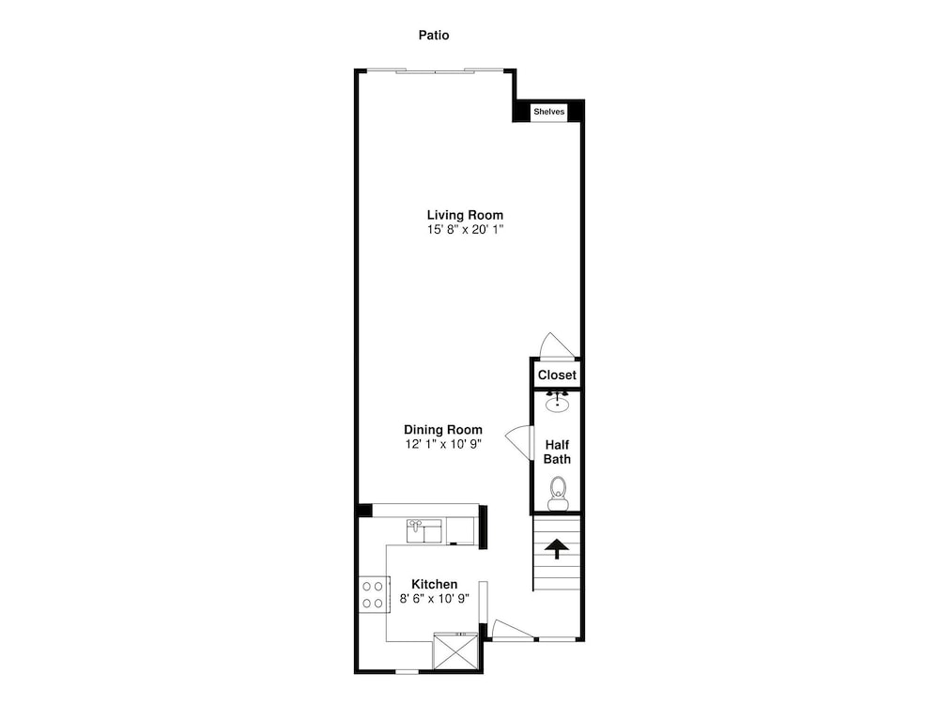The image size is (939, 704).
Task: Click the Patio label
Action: click(x=434, y=36)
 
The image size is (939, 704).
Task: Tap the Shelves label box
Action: click(x=549, y=112)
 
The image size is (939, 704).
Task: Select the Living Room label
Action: click(x=465, y=215)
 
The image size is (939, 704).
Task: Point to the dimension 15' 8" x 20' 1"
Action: click(x=465, y=229)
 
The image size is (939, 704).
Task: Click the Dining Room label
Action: click(x=443, y=430)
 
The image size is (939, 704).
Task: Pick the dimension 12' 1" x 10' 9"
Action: click(x=443, y=444)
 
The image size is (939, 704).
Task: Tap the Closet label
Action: click(x=557, y=375)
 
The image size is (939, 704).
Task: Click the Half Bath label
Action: click(x=557, y=452)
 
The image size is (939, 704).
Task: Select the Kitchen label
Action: click(x=434, y=584)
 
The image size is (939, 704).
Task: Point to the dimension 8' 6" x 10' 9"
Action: click(x=434, y=598)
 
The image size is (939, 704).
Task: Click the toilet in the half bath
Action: click(x=558, y=494)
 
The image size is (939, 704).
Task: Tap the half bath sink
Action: click(x=558, y=403)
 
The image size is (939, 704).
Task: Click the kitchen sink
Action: click(x=424, y=531)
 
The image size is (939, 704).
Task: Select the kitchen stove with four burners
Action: click(x=374, y=594)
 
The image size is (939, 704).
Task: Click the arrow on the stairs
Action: click(x=557, y=548)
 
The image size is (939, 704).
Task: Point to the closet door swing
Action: click(x=558, y=345)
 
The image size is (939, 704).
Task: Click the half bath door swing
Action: click(x=519, y=442)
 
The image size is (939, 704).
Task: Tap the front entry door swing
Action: click(x=512, y=630)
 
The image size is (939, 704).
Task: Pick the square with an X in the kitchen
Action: click(x=455, y=650)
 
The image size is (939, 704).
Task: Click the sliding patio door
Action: click(x=436, y=71)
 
